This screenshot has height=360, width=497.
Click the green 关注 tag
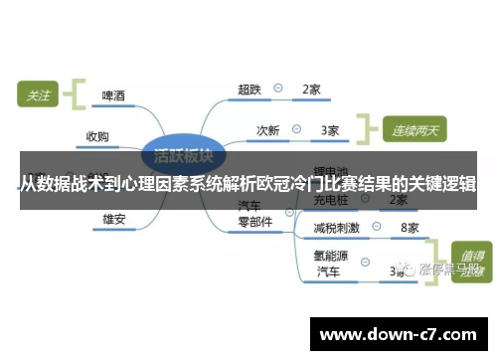click(38, 96)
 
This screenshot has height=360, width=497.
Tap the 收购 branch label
click(97, 136)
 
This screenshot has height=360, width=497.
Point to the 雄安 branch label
click(113, 219)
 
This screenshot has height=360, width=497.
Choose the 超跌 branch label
click(249, 90)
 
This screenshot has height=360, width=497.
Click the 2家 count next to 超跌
click(311, 90)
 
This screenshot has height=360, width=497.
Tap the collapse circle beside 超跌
click(279, 89)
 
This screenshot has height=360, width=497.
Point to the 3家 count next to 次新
click(330, 129)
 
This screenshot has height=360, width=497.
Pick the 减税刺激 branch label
click(336, 228)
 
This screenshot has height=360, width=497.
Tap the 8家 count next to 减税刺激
click(409, 228)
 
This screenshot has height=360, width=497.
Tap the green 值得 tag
click(468, 255)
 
